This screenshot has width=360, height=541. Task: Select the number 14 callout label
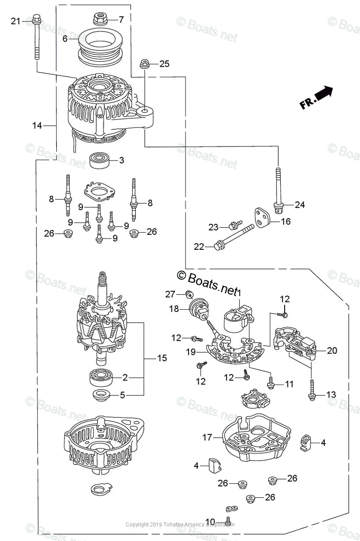click(x=37, y=126)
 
